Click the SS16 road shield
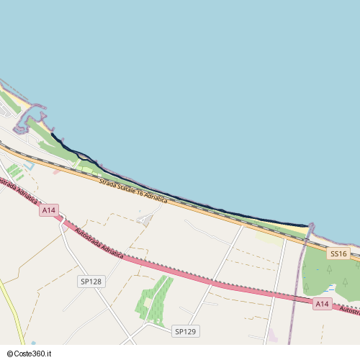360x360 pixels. pyautogui.click(x=338, y=253)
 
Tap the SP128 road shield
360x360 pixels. pyautogui.click(x=91, y=282)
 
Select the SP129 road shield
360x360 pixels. pyautogui.click(x=185, y=331)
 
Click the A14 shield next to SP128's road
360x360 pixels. pyautogui.click(x=48, y=210)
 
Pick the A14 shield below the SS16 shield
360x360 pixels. pyautogui.click(x=323, y=305)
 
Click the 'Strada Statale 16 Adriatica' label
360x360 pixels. pyautogui.click(x=133, y=189)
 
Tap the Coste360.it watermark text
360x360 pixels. pyautogui.click(x=35, y=354)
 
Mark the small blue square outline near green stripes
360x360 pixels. pyautogui.click(x=29, y=166)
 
